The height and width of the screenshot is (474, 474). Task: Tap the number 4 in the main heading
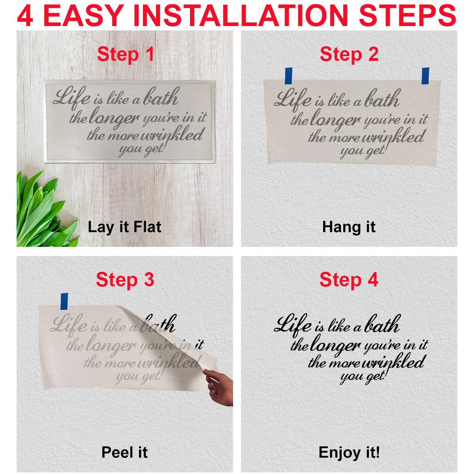(x=25, y=15)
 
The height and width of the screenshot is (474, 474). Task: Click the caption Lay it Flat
(x=124, y=227)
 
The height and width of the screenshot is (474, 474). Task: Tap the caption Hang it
(x=349, y=227)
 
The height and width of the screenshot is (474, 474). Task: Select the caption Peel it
(x=124, y=453)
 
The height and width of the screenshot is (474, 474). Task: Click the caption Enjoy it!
(x=349, y=453)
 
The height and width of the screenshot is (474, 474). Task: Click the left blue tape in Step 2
(x=288, y=76)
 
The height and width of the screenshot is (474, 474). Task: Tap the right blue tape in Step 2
(x=425, y=76)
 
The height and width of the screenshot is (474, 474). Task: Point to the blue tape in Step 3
(x=64, y=301)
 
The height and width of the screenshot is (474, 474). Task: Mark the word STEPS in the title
(x=408, y=15)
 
